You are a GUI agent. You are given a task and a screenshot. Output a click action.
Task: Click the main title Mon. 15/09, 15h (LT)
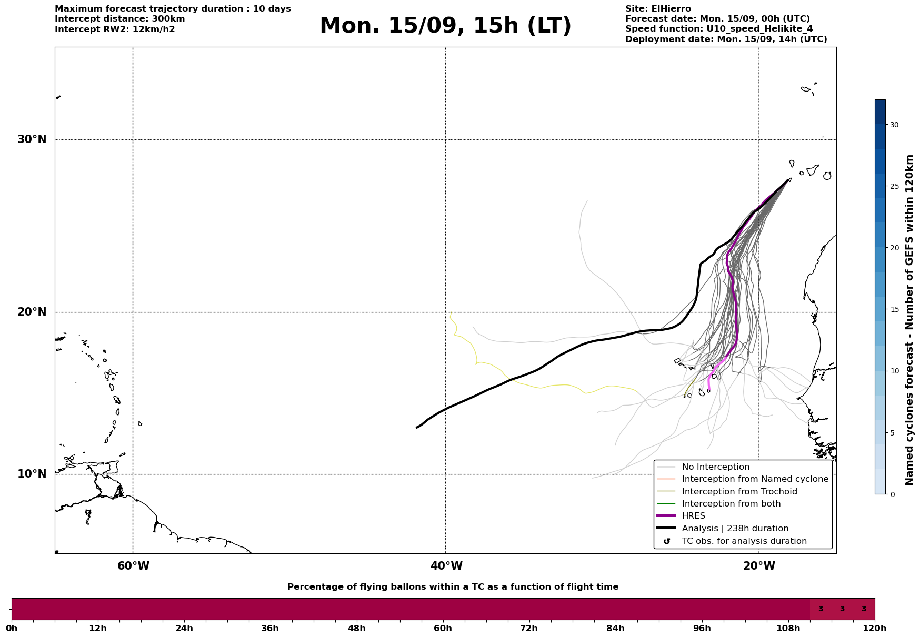click(445, 26)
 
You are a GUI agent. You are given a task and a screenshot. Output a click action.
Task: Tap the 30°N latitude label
click(32, 139)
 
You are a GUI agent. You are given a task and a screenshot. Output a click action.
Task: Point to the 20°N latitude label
click(32, 312)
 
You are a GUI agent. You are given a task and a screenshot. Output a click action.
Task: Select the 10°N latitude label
click(32, 474)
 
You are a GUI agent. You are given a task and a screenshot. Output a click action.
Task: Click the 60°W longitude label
click(133, 566)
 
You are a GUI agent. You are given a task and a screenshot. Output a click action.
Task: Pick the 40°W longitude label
click(446, 566)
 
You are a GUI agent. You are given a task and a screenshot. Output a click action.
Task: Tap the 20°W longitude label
click(759, 566)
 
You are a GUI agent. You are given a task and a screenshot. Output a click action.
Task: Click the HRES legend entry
click(693, 516)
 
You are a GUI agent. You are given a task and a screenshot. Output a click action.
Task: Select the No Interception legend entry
click(715, 467)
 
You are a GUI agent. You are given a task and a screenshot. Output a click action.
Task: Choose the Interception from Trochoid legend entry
click(739, 492)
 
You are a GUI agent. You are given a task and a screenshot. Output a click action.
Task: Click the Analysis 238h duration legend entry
click(735, 529)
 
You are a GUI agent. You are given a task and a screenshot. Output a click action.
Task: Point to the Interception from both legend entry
click(731, 504)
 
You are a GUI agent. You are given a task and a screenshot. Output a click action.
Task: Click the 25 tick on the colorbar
click(894, 186)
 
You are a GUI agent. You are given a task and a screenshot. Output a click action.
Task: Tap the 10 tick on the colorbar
click(894, 371)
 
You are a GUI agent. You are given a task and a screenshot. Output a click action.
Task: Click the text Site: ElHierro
click(658, 9)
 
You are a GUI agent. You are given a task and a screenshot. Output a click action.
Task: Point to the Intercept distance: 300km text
click(119, 19)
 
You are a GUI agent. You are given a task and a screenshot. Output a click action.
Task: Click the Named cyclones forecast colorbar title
click(909, 320)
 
